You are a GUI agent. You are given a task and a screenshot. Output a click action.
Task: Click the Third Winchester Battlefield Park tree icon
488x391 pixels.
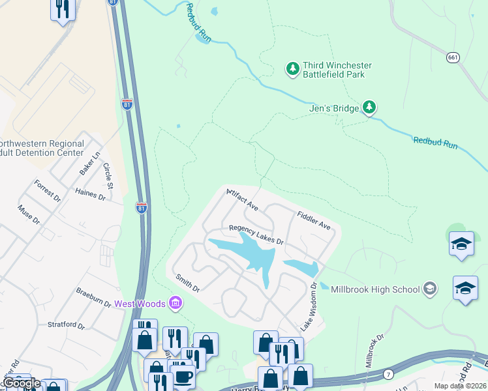tap(293, 68)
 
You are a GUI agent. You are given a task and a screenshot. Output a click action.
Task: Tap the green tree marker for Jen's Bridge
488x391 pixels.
tap(369, 107)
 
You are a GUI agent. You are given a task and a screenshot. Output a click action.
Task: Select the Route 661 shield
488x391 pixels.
tap(453, 58)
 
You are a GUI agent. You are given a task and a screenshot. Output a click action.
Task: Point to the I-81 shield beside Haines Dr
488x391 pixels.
tap(141, 207)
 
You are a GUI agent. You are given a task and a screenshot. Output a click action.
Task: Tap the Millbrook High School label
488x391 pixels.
tap(375, 289)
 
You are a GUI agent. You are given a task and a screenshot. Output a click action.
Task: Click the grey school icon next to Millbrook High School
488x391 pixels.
tap(430, 288)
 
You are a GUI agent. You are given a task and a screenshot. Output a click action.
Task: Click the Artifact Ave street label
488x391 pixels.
tap(243, 200)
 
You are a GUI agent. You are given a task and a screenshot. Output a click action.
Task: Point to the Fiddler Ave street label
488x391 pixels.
tap(314, 219)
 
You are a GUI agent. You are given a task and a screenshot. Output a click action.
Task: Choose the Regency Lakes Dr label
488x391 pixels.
tap(256, 235)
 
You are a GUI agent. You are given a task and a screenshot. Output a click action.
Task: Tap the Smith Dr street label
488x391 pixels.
tap(187, 282)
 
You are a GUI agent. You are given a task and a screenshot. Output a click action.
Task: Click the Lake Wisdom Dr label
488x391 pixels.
tap(308, 306)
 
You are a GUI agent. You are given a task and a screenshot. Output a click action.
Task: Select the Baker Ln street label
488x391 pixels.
tap(89, 162)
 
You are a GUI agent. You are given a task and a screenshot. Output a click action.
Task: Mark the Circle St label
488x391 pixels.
tap(108, 177)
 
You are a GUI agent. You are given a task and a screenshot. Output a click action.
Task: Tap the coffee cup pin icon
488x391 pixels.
tap(183, 376)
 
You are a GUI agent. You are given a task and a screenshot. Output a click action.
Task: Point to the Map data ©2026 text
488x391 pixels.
tap(459, 386)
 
